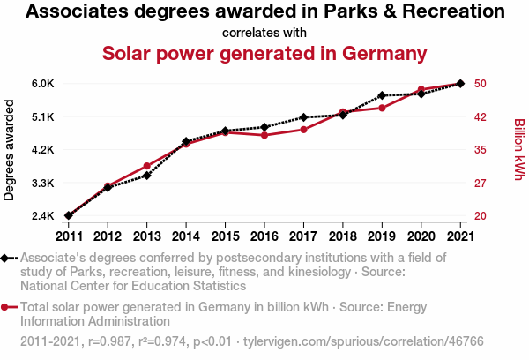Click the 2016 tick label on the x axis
[x=264, y=236]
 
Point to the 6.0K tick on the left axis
[x=43, y=84]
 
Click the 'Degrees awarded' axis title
[x=10, y=150]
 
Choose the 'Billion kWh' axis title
[x=518, y=150]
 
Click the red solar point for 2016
[x=264, y=135]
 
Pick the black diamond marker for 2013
[x=146, y=175]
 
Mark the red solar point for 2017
[x=303, y=130]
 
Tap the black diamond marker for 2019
[x=382, y=95]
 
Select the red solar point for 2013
[x=146, y=166]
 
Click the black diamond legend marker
[x=7, y=258]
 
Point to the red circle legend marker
[x=7, y=307]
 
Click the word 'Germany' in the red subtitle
[x=385, y=53]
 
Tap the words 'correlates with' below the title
[x=264, y=33]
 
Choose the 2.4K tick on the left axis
[x=43, y=216]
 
